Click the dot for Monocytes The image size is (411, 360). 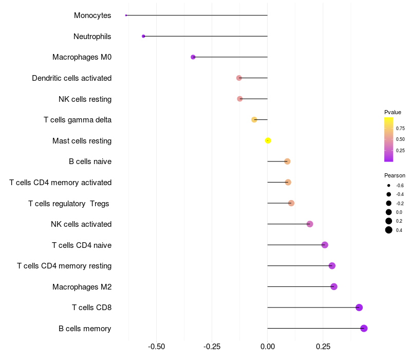pyautogui.click(x=126, y=15)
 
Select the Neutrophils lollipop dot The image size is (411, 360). pyautogui.click(x=143, y=36)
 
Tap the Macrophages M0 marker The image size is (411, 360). pyautogui.click(x=193, y=57)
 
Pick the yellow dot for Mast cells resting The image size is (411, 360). pyautogui.click(x=268, y=140)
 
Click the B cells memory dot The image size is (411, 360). pyautogui.click(x=364, y=328)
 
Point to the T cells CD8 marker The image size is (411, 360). pyautogui.click(x=359, y=308)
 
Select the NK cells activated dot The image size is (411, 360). pyautogui.click(x=310, y=224)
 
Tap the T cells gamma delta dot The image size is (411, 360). pyautogui.click(x=254, y=120)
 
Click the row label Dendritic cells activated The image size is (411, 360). pyautogui.click(x=72, y=78)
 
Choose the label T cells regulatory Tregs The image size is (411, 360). pyautogui.click(x=69, y=204)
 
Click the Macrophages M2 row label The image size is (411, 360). pyautogui.click(x=82, y=286)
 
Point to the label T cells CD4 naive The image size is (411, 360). pyautogui.click(x=82, y=245)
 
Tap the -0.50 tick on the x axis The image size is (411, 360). pyautogui.click(x=156, y=347)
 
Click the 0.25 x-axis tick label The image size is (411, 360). pyautogui.click(x=323, y=347)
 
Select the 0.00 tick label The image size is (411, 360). pyautogui.click(x=268, y=347)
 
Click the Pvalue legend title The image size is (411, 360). pyautogui.click(x=393, y=112)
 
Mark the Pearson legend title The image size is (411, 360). pyautogui.click(x=395, y=175)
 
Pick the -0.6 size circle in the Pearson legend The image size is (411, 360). pyautogui.click(x=389, y=185)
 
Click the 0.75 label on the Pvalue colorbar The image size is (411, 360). pyautogui.click(x=400, y=128)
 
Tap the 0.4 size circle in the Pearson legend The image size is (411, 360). pyautogui.click(x=389, y=230)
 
